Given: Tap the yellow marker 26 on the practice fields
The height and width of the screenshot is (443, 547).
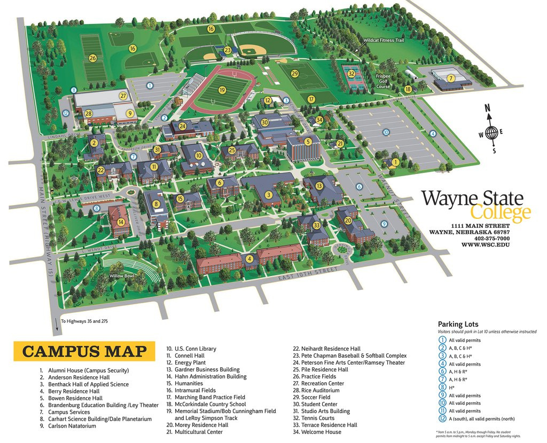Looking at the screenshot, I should click(93, 58).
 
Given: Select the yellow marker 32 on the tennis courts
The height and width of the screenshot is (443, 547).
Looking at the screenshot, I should click(351, 74).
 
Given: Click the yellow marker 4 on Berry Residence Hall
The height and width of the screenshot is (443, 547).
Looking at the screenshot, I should click(249, 259).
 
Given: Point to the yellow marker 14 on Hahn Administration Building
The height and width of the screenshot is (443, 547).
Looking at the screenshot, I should click(121, 222).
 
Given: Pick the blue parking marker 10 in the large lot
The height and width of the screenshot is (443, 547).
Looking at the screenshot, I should click(386, 132).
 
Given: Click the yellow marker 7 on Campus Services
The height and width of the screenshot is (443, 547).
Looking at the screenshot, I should click(451, 78).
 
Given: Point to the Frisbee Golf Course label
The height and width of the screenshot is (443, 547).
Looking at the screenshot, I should click(383, 81).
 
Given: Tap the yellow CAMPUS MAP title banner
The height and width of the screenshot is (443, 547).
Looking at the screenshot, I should click(84, 351).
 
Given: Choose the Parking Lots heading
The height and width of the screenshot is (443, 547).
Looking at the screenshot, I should click(458, 324).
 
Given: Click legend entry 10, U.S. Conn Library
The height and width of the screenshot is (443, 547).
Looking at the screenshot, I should click(191, 349).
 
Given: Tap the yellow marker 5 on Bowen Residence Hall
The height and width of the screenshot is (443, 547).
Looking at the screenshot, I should click(308, 141).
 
